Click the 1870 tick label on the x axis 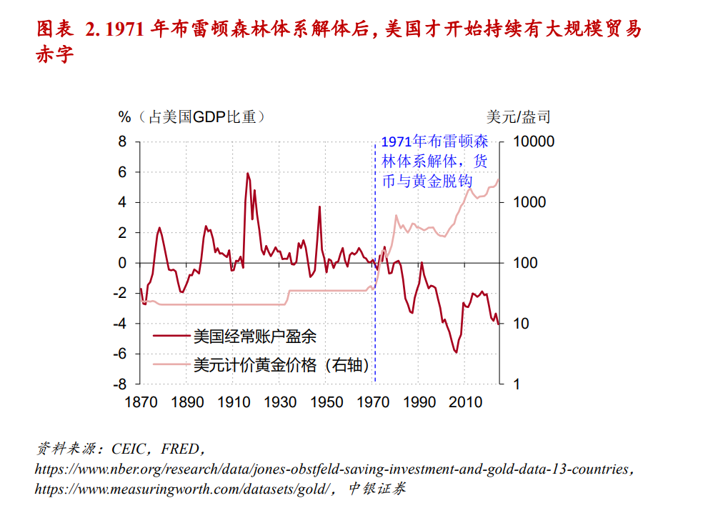141,402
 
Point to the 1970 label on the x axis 374,402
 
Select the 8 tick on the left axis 122,141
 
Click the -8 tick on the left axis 119,384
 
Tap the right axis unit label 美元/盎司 519,116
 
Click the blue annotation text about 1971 434,161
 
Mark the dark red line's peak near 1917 248,173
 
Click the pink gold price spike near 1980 397,215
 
